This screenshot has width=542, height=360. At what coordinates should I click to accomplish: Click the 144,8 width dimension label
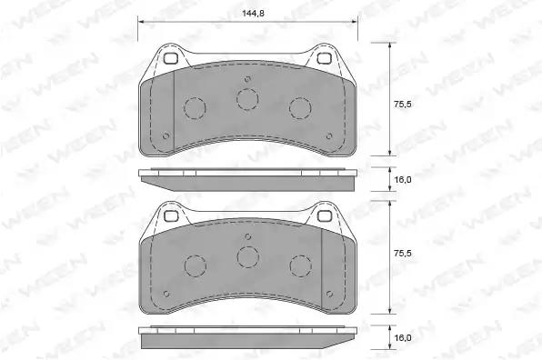(x=253, y=14)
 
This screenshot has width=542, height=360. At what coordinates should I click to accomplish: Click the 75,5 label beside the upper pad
(x=402, y=104)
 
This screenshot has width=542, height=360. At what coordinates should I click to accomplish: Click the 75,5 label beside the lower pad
(x=402, y=254)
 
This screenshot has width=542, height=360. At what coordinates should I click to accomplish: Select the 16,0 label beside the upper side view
(x=403, y=180)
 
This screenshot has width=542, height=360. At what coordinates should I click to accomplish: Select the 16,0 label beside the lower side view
(x=403, y=337)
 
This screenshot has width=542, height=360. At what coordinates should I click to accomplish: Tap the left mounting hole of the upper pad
(x=170, y=59)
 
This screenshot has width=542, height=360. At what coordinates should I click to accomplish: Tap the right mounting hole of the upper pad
(x=325, y=59)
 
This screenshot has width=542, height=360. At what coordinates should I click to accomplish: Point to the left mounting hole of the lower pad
(x=170, y=216)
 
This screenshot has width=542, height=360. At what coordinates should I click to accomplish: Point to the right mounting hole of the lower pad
(x=325, y=216)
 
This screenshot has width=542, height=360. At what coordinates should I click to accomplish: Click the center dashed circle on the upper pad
(x=247, y=99)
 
